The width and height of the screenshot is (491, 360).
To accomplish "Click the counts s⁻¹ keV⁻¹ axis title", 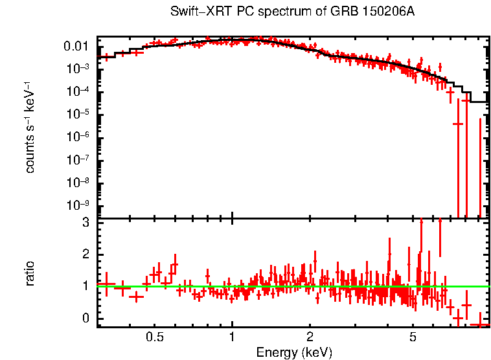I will coord(30,127).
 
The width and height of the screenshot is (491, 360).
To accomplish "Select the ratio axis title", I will coord(30,273).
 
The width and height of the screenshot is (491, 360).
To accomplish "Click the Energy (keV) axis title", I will coord(293,352).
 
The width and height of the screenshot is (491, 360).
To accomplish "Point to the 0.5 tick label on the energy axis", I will coord(154,337).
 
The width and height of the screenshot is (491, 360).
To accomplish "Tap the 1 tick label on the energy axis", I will coord(232,337).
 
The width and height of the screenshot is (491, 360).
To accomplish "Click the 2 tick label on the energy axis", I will coord(310,337).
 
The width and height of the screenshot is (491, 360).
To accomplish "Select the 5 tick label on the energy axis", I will coord(413,337).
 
